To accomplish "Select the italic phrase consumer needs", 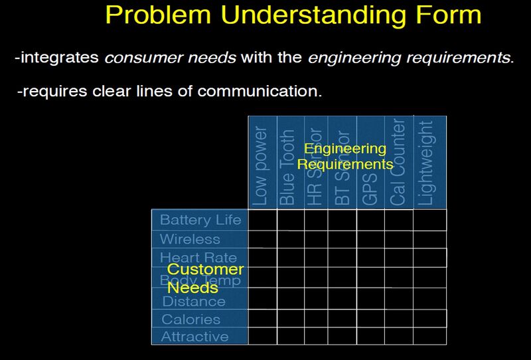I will coord(170,58).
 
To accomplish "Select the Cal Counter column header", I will coord(398,163).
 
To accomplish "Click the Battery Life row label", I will coord(200,220).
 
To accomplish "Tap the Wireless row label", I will coord(190,239).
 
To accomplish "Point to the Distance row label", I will coord(194,302).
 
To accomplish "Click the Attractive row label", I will coord(194,337).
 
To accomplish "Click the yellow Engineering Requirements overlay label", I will coord(344,156).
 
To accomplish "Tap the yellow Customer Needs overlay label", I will coord(204,278).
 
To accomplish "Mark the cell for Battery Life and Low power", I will coord(262,220).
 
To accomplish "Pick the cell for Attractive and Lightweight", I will coord(429,336).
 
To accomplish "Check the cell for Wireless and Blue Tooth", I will coord(290,239).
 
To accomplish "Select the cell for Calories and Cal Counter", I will coord(399,319).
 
